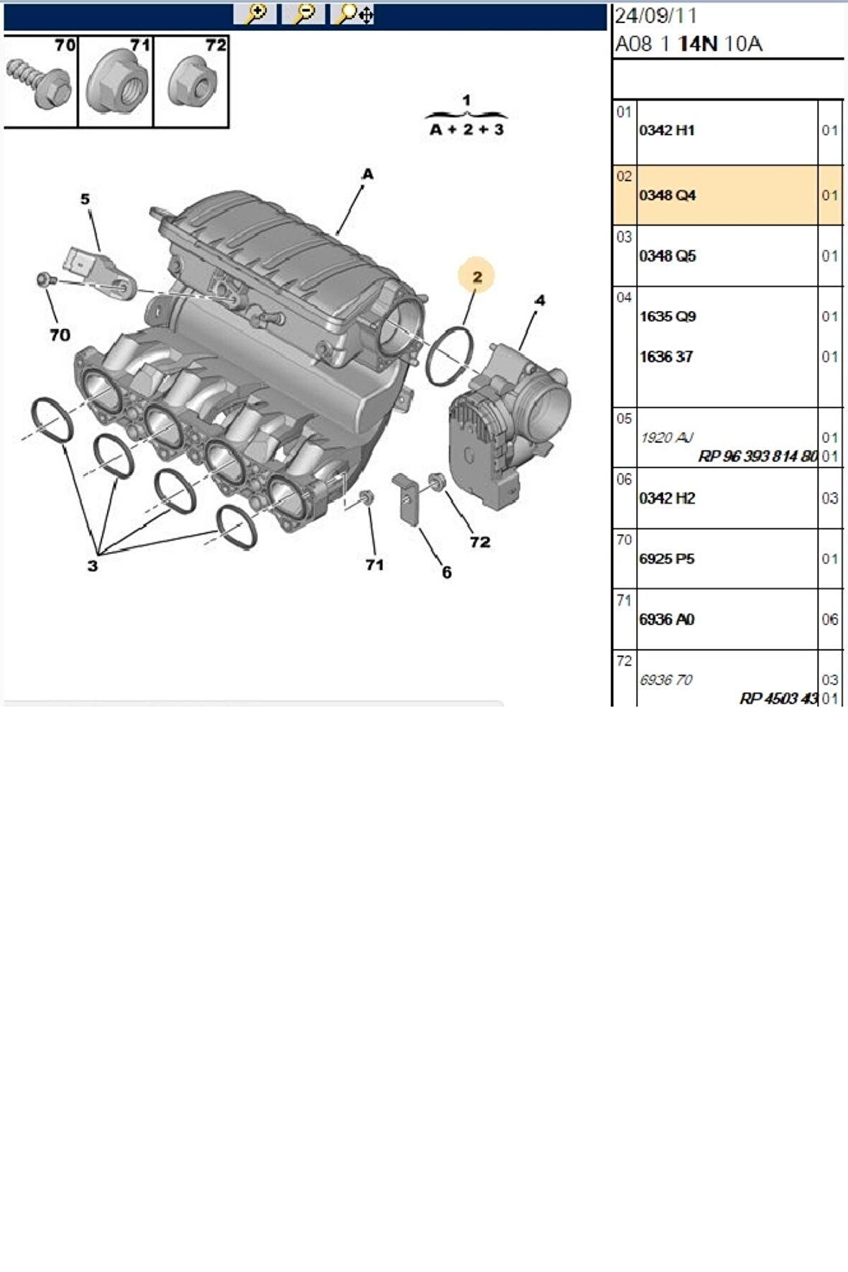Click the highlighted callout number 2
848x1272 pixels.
(x=477, y=277)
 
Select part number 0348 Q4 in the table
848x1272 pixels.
(x=668, y=195)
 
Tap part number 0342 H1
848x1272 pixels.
(x=667, y=131)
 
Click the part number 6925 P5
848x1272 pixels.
(x=667, y=559)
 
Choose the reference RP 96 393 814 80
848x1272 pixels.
(x=757, y=456)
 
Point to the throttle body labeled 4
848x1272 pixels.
(x=510, y=424)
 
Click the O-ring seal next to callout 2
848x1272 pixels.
(x=450, y=356)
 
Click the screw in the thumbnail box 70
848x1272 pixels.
(x=40, y=83)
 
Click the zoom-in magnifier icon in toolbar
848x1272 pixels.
(x=254, y=14)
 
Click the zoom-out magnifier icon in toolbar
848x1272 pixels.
(x=303, y=14)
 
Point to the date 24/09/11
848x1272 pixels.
(x=655, y=16)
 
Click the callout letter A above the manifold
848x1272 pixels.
(x=367, y=174)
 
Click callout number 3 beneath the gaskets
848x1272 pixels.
(x=92, y=566)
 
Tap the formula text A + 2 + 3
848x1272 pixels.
(x=466, y=130)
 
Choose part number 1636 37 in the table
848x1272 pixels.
(x=666, y=357)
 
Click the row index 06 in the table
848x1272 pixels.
(x=624, y=479)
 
